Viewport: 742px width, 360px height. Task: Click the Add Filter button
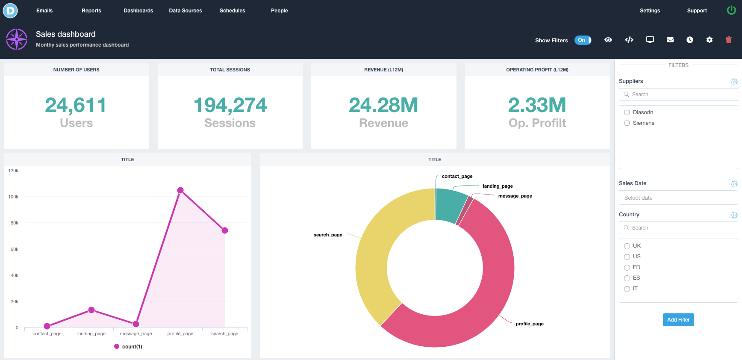pos(678,320)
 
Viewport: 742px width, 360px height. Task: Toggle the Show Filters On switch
pos(583,40)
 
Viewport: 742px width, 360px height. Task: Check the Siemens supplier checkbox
pos(627,123)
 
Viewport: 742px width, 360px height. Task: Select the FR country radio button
pos(627,268)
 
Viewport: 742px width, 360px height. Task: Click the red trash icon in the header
pos(729,40)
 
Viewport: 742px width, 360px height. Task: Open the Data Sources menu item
pos(185,11)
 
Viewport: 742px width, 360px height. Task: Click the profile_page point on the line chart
pos(180,190)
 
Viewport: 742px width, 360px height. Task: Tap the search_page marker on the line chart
pos(225,230)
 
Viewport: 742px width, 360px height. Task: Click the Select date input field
pos(678,198)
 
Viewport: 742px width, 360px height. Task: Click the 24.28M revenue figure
pos(383,105)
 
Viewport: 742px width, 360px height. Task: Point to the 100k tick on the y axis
pos(13,197)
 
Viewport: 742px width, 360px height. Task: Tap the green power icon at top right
pos(731,10)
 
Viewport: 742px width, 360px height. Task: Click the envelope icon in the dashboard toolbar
pos(670,40)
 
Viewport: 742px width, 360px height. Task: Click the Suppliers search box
pos(678,94)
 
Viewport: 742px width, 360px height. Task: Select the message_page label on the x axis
pos(136,334)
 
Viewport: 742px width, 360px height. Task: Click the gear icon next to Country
pos(734,215)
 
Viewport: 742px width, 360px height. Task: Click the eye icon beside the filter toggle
pos(608,40)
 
